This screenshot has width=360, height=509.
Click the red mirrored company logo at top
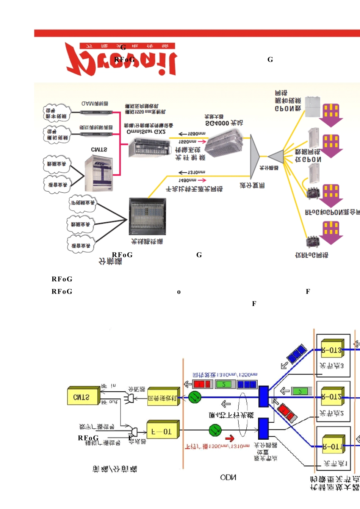click(x=121, y=59)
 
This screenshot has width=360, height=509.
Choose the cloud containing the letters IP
click(x=83, y=203)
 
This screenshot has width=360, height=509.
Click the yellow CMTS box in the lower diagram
click(x=83, y=397)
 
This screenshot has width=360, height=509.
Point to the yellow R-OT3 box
click(x=332, y=350)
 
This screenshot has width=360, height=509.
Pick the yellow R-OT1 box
click(x=333, y=446)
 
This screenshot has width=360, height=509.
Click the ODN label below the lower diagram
click(x=228, y=478)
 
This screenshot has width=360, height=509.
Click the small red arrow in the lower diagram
click(x=230, y=439)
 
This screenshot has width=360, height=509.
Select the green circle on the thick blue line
click(x=195, y=397)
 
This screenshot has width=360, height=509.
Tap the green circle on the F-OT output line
click(x=215, y=430)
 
